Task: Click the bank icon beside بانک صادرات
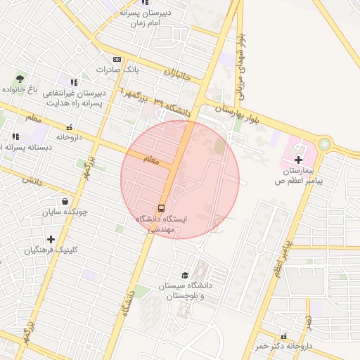[117, 60]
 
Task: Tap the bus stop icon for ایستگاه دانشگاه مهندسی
[162, 208]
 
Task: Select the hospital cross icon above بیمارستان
[299, 160]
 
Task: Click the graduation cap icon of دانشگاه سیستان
[185, 275]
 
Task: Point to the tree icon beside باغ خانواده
[19, 79]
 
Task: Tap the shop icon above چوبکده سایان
[65, 200]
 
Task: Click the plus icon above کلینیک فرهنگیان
[51, 239]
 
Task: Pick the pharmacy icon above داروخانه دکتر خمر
[284, 336]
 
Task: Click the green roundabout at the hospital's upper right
[324, 144]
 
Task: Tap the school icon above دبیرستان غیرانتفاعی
[74, 82]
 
